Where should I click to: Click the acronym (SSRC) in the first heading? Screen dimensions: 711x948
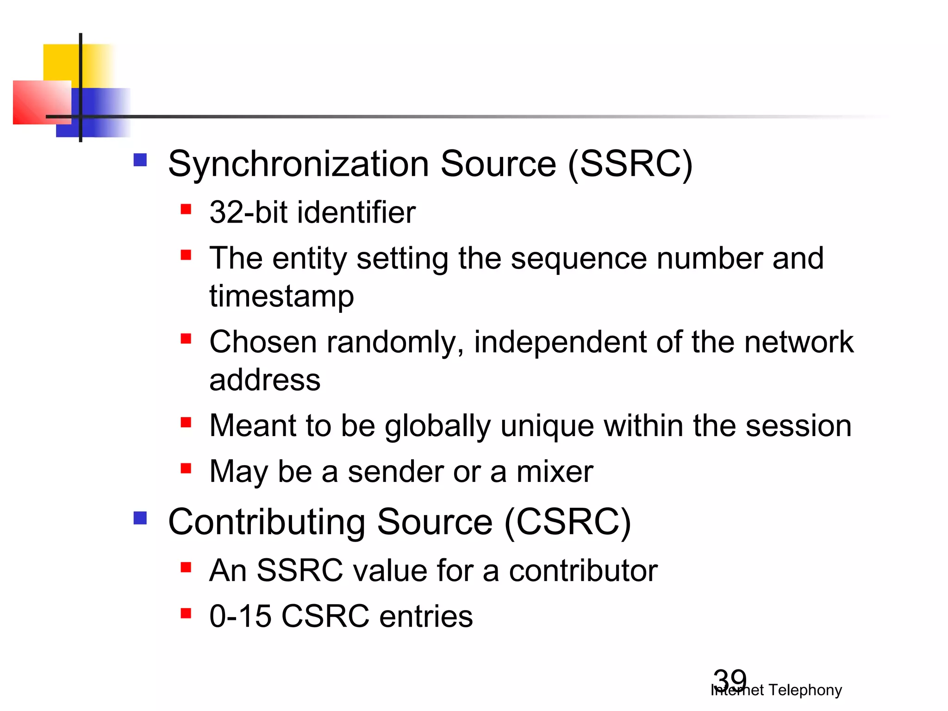point(630,164)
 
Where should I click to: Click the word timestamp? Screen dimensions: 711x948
point(281,296)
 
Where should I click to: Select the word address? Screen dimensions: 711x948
point(265,380)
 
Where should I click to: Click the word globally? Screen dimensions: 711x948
point(437,426)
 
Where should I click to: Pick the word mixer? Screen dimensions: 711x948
point(555,472)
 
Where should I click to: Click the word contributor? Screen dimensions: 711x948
point(583,570)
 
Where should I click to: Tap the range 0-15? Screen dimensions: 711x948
point(240,616)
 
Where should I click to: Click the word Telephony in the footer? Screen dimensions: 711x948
point(805,690)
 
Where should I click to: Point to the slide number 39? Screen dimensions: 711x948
point(730,680)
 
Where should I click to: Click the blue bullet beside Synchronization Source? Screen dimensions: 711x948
point(140,160)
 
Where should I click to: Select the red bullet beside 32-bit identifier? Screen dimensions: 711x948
point(186,209)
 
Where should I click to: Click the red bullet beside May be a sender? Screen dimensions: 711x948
point(186,468)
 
